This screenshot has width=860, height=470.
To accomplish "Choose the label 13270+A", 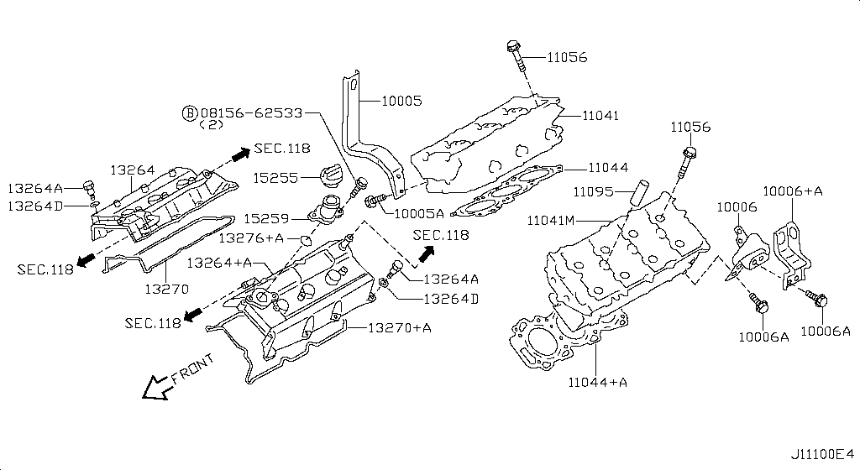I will (399, 327).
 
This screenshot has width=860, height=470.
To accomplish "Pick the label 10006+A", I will (792, 191).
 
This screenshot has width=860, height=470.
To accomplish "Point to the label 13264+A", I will (219, 263).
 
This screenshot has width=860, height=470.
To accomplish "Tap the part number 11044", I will (607, 168).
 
